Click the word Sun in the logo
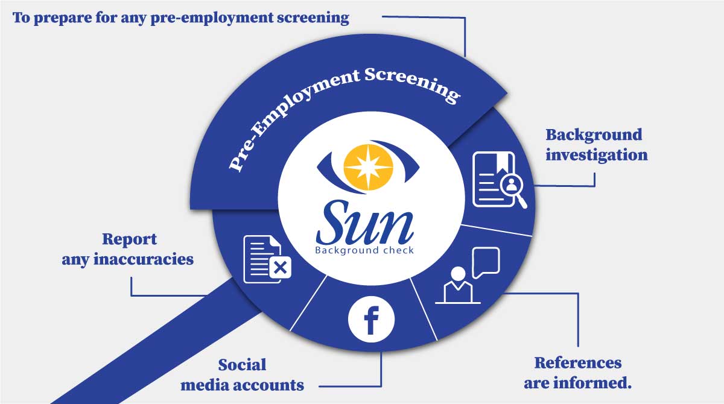(364, 223)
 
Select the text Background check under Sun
(364, 250)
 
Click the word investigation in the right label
(596, 155)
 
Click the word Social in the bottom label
(242, 365)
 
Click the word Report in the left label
(129, 239)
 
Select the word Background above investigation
(594, 134)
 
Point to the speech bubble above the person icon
(486, 262)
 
